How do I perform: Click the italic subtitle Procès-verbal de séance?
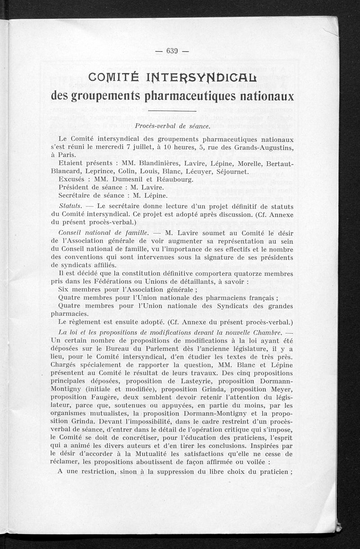coord(173,126)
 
